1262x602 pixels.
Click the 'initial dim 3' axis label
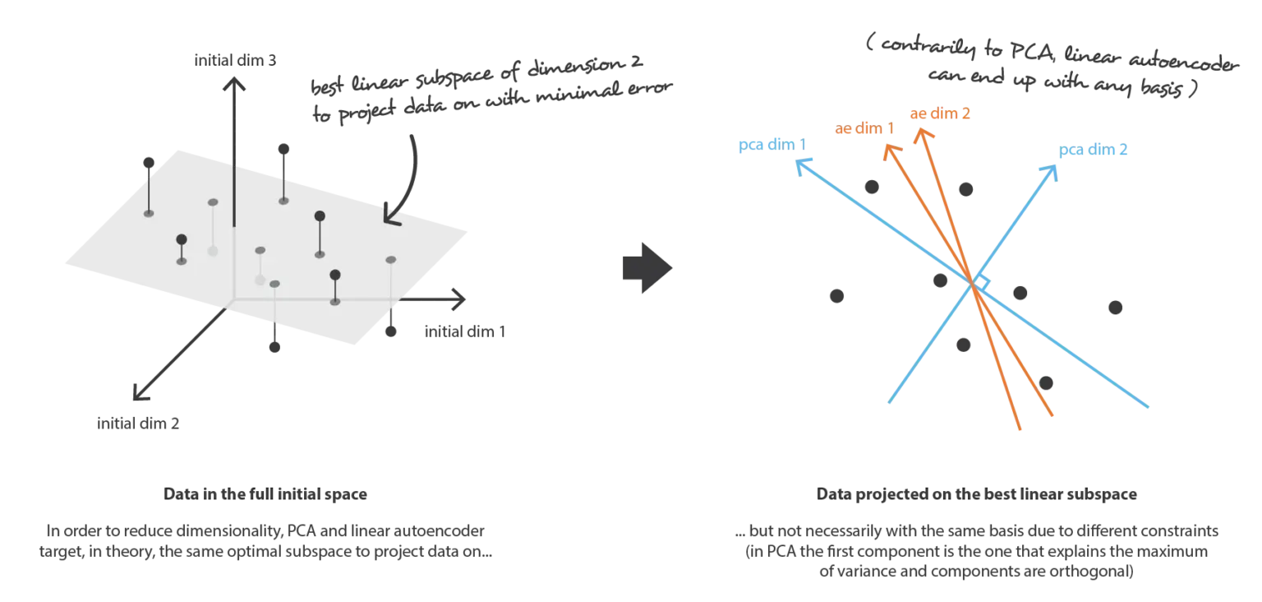pos(235,60)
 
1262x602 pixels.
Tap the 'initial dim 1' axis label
pos(465,331)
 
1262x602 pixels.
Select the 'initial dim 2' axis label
pos(138,424)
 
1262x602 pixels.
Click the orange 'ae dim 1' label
pos(864,128)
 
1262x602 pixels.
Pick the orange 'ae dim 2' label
pos(940,113)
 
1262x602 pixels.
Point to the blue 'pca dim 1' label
pos(771,145)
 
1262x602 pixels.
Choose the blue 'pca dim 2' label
pos(1093,150)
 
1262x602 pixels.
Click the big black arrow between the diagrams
pos(647,268)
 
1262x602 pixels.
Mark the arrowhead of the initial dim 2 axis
pos(139,394)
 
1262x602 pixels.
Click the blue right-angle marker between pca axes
pos(982,282)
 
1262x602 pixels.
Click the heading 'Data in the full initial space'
pos(265,493)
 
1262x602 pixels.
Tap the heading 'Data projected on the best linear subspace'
pos(976,494)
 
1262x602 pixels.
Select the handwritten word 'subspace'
pos(454,77)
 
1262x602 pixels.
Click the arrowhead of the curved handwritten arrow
pos(390,217)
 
